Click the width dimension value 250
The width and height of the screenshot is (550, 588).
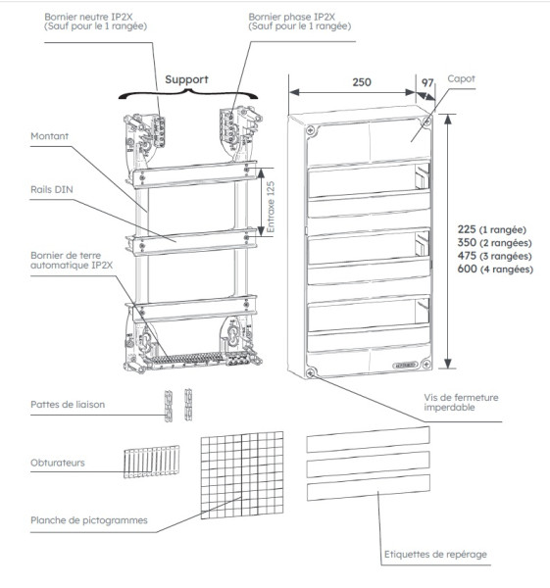click(361, 82)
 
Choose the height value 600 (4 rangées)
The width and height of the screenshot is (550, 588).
click(487, 269)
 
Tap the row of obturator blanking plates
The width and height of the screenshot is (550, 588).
click(152, 462)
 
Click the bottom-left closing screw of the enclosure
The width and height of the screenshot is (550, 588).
click(316, 372)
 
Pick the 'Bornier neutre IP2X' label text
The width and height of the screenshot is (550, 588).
click(94, 18)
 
